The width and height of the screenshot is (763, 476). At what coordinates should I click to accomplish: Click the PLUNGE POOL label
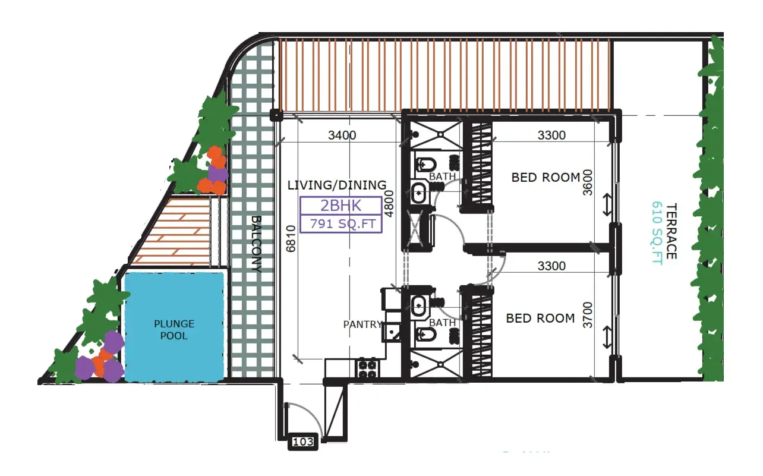click(x=174, y=330)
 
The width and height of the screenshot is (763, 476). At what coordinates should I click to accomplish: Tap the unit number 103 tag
click(x=303, y=442)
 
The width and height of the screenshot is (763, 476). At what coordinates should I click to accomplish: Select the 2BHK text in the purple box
click(x=341, y=206)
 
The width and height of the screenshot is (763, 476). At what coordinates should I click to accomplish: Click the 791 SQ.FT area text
click(x=341, y=224)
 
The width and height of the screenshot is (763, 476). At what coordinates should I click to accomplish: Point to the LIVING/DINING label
click(x=336, y=185)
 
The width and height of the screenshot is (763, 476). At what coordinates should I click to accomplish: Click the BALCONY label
click(x=256, y=244)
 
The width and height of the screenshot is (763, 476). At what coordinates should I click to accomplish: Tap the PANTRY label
click(x=362, y=324)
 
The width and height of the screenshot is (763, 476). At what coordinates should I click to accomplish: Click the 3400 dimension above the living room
click(x=342, y=135)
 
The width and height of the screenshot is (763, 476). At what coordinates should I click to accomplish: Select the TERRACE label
click(x=671, y=231)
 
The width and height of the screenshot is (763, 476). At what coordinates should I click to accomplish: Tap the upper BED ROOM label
click(x=546, y=177)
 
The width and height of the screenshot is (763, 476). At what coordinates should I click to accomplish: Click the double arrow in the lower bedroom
click(x=607, y=337)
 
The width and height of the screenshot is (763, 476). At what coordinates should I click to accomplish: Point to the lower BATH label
click(x=442, y=323)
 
